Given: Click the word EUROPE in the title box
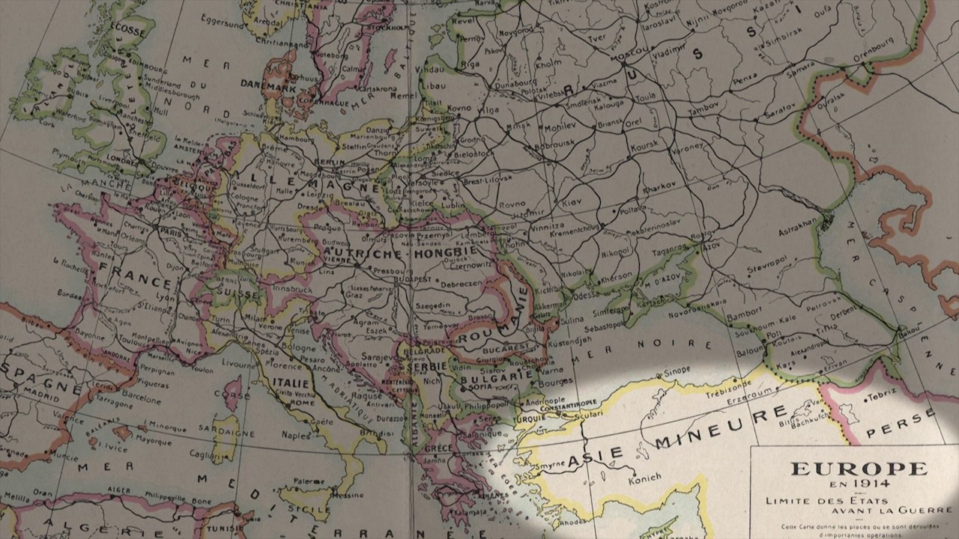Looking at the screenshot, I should (x=859, y=469).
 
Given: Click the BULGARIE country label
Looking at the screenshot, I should (x=480, y=377).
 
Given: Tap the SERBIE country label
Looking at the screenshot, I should (x=426, y=366).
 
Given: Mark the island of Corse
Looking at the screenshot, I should (x=232, y=393).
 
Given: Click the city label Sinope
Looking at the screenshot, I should (x=677, y=369).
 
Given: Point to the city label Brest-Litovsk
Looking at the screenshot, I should (x=488, y=180).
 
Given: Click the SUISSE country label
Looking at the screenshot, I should (x=236, y=295).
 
